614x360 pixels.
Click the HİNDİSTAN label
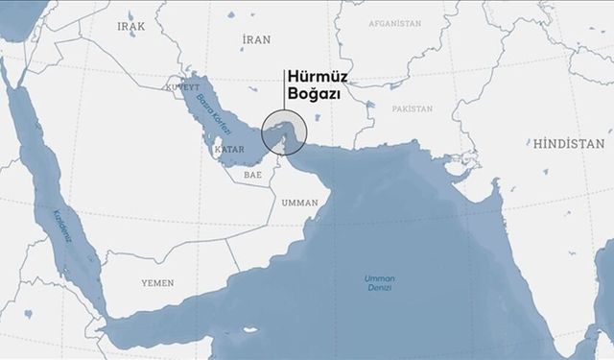point(569,143)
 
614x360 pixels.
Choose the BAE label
point(252,176)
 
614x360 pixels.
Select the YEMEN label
point(157,284)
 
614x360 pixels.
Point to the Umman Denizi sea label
point(381,283)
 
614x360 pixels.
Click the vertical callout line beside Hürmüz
point(282,91)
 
